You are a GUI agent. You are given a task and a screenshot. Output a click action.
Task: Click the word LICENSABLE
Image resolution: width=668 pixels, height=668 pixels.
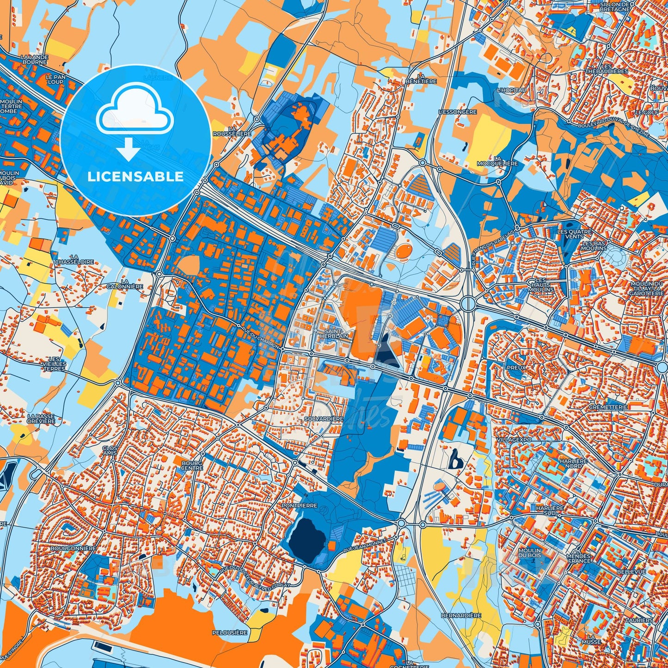[x=135, y=176]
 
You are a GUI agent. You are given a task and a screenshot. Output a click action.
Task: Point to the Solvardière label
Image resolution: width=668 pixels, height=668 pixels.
[x=324, y=418]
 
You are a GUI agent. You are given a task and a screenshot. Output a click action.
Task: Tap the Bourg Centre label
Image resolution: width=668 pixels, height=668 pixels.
[x=192, y=465]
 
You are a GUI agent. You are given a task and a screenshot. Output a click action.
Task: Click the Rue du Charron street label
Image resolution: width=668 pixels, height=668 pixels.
[x=260, y=337]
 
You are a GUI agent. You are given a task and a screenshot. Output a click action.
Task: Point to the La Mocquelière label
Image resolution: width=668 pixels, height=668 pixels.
[x=498, y=160]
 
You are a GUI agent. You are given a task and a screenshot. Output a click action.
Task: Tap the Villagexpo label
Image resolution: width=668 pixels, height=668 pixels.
[x=514, y=440]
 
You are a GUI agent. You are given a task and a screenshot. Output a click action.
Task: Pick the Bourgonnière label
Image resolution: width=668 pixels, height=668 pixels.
[x=74, y=548]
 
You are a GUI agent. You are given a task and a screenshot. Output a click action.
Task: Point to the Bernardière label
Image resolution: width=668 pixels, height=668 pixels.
[x=461, y=615]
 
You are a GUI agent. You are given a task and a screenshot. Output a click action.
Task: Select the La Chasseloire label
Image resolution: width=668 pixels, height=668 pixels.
[x=74, y=259]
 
